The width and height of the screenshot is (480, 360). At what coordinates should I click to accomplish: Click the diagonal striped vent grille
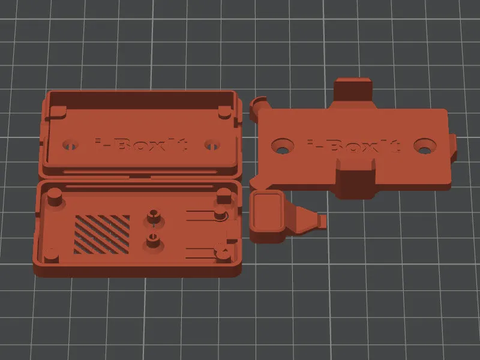[101, 233]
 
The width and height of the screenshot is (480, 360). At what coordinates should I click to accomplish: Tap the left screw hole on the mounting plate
[281, 145]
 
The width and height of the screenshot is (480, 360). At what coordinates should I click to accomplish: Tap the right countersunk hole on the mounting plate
[424, 146]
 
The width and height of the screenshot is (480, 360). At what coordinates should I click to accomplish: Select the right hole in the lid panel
[211, 145]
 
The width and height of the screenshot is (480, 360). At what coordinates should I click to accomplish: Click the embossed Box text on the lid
[142, 145]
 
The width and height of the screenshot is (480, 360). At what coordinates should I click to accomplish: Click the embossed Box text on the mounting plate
[354, 146]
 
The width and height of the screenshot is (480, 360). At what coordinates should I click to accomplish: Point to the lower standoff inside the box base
[152, 243]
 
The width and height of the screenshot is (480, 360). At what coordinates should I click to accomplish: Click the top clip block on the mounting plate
[353, 90]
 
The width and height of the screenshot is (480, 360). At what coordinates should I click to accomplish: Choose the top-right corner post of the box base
[224, 196]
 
